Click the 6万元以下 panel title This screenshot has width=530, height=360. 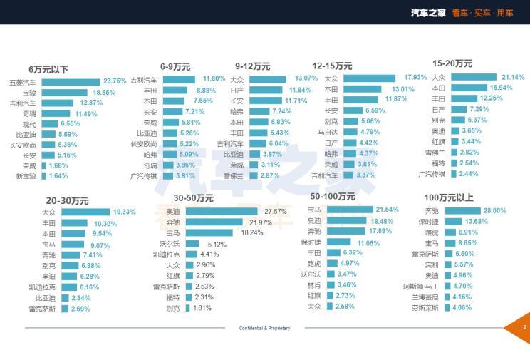tap(48, 69)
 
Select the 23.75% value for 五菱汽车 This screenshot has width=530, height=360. tap(115, 81)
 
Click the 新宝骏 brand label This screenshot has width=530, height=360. tap(25, 175)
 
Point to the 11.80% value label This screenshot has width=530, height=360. tap(214, 79)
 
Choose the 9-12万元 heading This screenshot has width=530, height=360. tap(252, 66)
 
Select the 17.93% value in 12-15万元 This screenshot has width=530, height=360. tap(415, 78)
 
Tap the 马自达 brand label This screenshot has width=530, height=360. tap(328, 132)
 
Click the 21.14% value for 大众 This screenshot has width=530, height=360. tap(513, 77)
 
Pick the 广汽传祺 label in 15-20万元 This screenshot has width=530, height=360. tap(432, 174)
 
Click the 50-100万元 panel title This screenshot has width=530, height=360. tap(334, 196)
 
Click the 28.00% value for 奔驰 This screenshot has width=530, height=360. tap(494, 211)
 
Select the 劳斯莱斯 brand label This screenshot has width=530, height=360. tap(426, 308)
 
